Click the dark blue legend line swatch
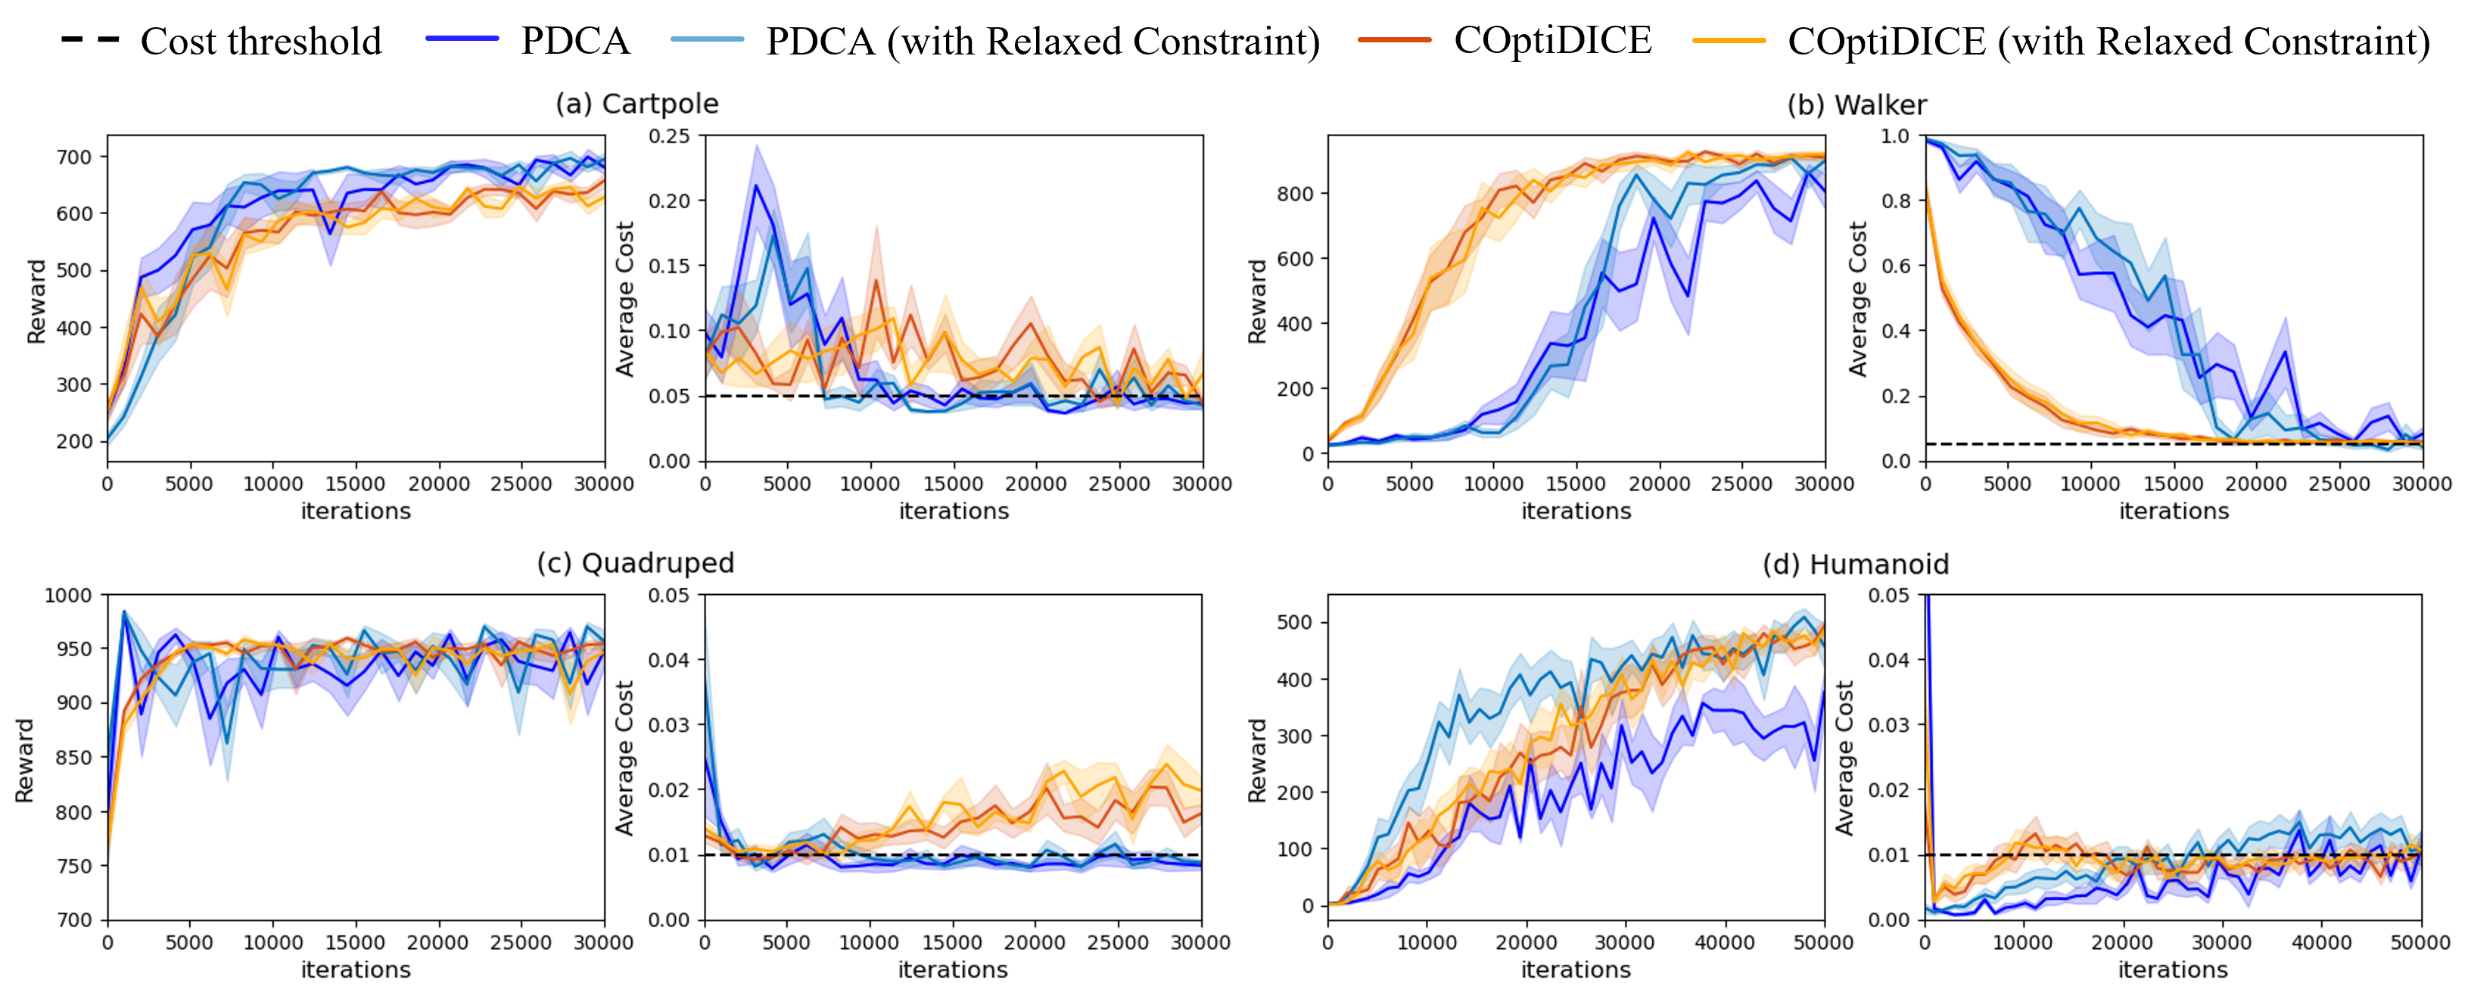click(x=462, y=39)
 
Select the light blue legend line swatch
click(x=707, y=39)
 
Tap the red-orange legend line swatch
click(x=1394, y=39)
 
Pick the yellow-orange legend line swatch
click(x=1729, y=40)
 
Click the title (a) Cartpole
click(x=636, y=104)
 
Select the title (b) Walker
click(x=1856, y=104)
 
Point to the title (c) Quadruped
click(x=635, y=562)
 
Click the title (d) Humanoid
click(x=1855, y=564)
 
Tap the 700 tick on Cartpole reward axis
click(x=75, y=157)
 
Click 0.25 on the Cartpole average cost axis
click(x=669, y=136)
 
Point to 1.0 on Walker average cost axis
click(x=1894, y=136)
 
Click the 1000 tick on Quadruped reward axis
click(x=68, y=595)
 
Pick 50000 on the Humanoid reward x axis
click(x=1823, y=942)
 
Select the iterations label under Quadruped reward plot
click(x=356, y=970)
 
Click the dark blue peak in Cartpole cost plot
click(x=756, y=185)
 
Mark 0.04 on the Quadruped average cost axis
click(x=669, y=660)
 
